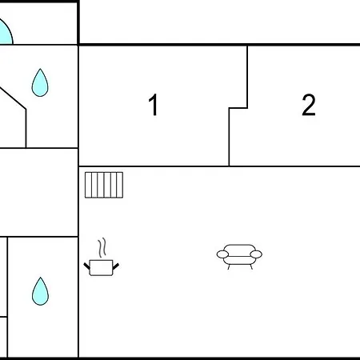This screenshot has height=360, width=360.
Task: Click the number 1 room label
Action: coord(154,105)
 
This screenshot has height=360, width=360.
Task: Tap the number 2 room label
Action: coord(309,105)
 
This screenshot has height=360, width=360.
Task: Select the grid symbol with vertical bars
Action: coord(104,185)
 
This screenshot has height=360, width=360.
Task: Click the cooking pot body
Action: coord(101,268)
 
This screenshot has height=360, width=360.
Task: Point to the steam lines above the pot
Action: coord(102,247)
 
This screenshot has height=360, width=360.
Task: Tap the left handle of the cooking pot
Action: coord(87,266)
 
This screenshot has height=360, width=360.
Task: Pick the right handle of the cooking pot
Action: coord(116,266)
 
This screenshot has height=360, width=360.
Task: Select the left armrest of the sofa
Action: coord(222,254)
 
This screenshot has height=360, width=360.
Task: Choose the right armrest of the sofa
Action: coord(256,254)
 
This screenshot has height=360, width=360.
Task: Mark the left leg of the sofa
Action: coord(229,266)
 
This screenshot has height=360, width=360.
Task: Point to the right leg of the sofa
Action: coord(251,266)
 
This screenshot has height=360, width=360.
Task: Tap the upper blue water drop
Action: coord(40,82)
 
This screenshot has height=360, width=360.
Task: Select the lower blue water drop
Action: coord(40,291)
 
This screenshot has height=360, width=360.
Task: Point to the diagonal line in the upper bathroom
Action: coord(13,98)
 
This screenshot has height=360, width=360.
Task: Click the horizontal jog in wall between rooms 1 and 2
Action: coord(238,108)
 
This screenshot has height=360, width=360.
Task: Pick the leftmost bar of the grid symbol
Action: coord(88,185)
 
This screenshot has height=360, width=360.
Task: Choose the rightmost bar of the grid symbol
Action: coord(120,185)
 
